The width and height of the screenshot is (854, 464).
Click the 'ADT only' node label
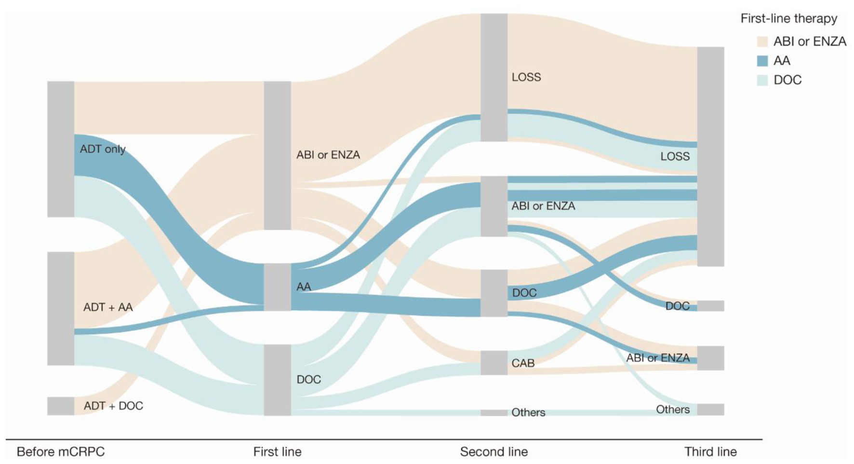(102, 149)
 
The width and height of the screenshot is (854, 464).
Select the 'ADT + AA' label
(108, 307)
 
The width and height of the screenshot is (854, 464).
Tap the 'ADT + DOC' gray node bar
(61, 406)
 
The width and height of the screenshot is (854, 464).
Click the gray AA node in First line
(277, 287)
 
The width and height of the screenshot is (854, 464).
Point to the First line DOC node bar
(277, 380)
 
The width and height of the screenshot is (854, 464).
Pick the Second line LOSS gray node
(494, 77)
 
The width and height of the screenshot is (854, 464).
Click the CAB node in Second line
(494, 363)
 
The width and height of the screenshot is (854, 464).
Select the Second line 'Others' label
(528, 412)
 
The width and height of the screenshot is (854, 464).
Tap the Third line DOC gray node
(710, 306)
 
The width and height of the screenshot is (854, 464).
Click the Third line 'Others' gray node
(710, 409)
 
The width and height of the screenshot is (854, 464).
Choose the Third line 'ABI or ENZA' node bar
(710, 358)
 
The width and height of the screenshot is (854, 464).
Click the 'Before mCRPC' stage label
(61, 452)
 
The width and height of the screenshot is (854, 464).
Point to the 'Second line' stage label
(494, 452)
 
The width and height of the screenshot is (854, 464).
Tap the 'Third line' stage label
(710, 452)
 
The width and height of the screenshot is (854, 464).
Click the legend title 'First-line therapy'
(788, 19)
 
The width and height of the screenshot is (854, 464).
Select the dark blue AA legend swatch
(762, 61)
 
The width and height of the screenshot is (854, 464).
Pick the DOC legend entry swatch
(762, 80)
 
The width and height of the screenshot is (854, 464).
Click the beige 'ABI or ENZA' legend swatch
(762, 41)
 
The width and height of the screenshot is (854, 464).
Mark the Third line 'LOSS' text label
(675, 156)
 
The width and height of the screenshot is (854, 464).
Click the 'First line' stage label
(277, 452)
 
